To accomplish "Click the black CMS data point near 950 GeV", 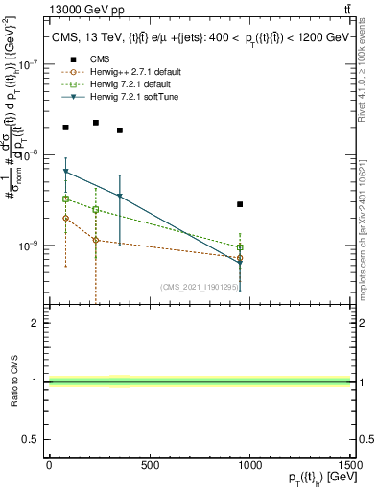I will (240, 204).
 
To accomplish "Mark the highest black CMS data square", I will (96, 123).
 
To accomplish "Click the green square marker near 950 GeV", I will (240, 247).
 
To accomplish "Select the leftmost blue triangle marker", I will (65, 172).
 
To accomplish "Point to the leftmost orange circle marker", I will (65, 218).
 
